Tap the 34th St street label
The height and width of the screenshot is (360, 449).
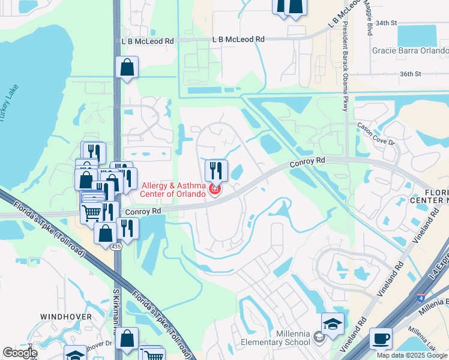click(x=386, y=23)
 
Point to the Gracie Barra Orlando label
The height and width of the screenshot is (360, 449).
click(x=409, y=50)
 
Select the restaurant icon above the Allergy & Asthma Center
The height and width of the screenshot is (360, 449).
click(x=217, y=170)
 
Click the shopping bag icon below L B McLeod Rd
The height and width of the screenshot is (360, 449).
click(x=127, y=68)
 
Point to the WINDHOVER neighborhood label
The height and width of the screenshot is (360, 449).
click(x=66, y=316)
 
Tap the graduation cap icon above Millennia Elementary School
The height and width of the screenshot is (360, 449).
click(x=333, y=324)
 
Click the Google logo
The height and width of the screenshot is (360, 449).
click(x=20, y=353)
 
